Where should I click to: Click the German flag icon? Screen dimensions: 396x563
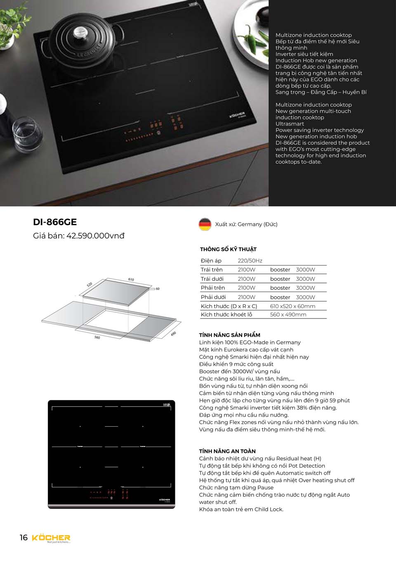205,224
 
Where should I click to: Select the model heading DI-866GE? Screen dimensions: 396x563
55,222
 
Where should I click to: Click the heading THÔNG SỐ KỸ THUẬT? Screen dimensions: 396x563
228,249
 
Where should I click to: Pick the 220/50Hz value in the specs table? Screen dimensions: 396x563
250,261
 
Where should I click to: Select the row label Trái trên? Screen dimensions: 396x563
212,270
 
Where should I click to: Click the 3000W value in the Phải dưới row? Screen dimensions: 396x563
305,297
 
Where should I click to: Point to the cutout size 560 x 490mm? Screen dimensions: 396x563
288,315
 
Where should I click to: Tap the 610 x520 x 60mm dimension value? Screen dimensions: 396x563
292,306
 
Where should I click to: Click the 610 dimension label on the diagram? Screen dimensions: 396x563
131,280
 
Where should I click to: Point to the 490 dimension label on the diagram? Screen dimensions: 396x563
173,333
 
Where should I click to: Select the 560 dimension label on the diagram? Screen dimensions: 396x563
97,337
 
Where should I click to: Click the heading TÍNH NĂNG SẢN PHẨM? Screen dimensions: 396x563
229,335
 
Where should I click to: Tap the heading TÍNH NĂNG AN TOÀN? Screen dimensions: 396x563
227,451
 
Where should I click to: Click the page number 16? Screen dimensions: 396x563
24,537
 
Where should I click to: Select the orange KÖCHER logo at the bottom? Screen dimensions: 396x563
51,538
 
